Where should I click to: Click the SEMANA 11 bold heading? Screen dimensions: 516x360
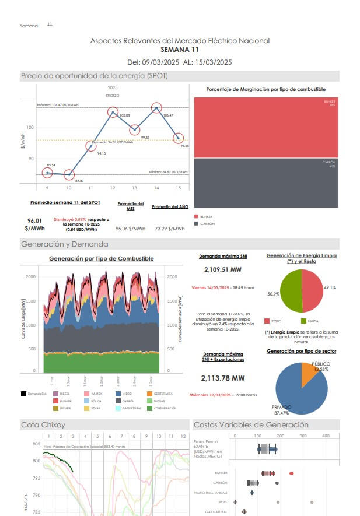(180, 50)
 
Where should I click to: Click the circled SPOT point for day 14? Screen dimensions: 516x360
(156, 108)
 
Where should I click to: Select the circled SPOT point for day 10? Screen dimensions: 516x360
(69, 174)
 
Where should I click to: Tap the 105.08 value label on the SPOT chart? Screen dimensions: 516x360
(124, 115)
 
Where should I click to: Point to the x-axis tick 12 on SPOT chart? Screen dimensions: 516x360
(113, 188)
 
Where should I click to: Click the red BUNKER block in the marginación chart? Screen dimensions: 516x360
(265, 127)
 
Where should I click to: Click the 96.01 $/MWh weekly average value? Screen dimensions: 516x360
(36, 224)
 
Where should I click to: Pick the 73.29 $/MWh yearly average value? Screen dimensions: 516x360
(168, 229)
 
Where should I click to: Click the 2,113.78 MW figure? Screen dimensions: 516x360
(222, 378)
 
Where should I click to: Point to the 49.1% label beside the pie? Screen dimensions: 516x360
(330, 288)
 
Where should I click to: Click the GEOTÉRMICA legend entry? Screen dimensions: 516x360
(160, 395)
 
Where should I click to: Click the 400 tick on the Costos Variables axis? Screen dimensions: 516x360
(326, 436)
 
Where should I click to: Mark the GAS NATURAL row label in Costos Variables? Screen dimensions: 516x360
(217, 511)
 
